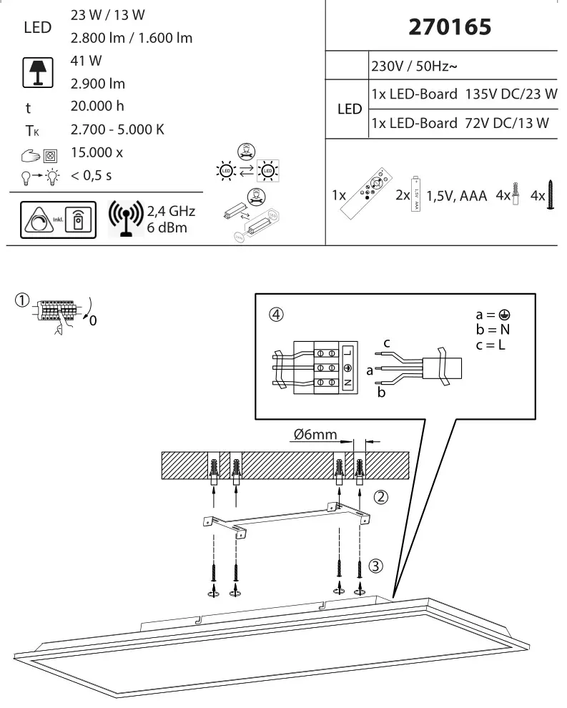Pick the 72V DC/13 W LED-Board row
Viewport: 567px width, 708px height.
460,123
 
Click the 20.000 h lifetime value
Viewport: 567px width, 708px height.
98,107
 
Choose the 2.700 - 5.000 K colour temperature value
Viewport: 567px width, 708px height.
118,129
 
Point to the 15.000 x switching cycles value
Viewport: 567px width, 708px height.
97,152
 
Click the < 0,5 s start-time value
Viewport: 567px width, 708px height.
92,175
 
